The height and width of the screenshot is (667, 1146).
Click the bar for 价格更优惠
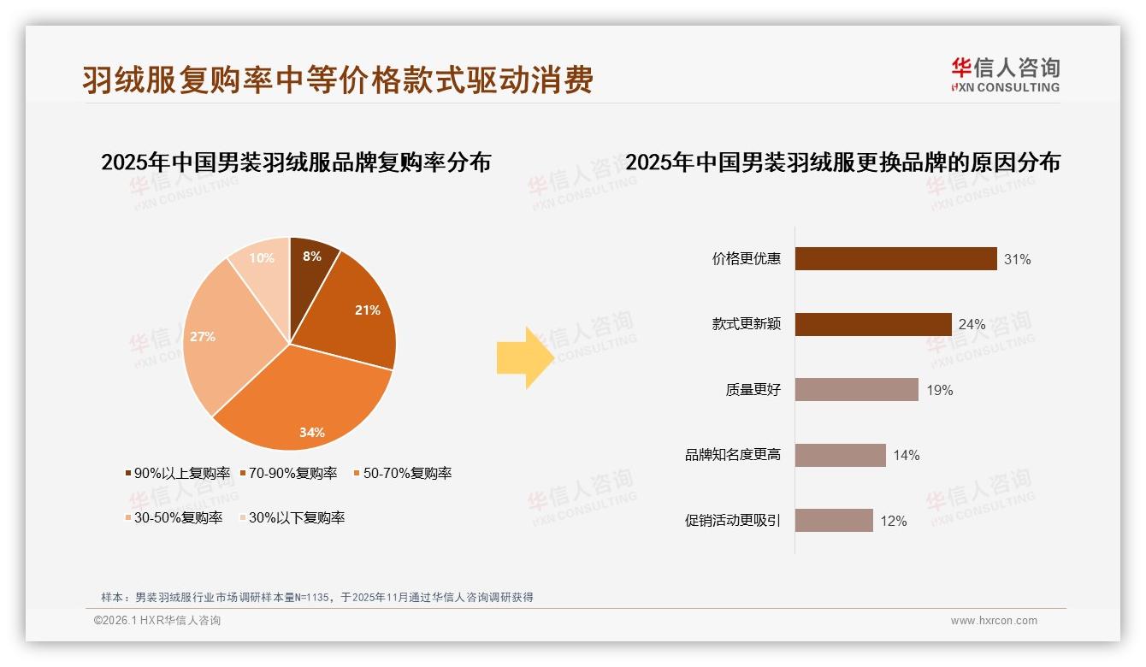[x=895, y=258]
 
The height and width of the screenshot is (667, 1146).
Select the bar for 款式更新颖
[x=873, y=324]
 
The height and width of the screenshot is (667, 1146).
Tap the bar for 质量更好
[x=856, y=390]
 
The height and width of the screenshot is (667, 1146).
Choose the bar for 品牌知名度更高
[x=840, y=455]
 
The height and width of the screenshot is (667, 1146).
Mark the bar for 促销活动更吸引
[x=834, y=521]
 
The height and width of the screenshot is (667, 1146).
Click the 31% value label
[x=1017, y=259]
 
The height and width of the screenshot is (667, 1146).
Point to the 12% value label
[x=893, y=521]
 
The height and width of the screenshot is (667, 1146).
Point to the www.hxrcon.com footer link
[x=994, y=621]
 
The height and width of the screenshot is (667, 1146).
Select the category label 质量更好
[x=753, y=390]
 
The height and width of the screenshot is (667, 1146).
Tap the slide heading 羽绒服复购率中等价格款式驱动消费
[x=338, y=80]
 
